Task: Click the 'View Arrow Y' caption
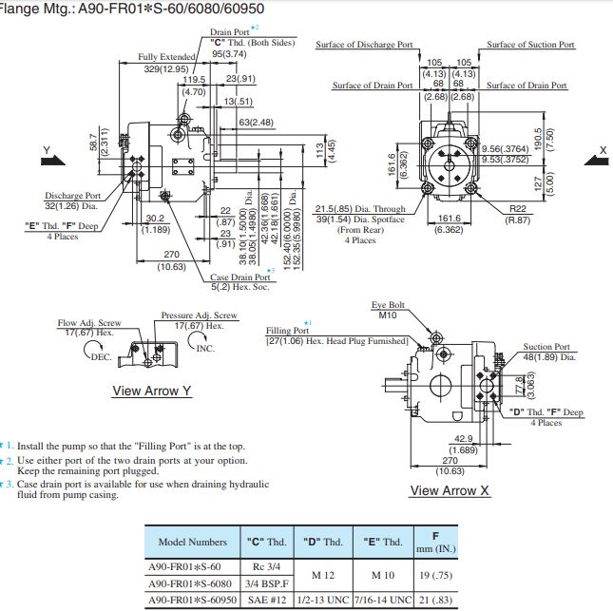[152, 391]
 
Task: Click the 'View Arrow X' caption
[450, 490]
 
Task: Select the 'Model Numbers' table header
[192, 542]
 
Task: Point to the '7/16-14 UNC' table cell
[384, 600]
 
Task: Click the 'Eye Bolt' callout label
[388, 305]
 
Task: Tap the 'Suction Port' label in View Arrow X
[546, 347]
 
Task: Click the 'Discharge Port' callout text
[72, 195]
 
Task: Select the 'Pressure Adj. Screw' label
[199, 315]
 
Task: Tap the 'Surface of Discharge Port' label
[364, 45]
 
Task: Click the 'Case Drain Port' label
[239, 277]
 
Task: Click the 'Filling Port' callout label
[287, 331]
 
